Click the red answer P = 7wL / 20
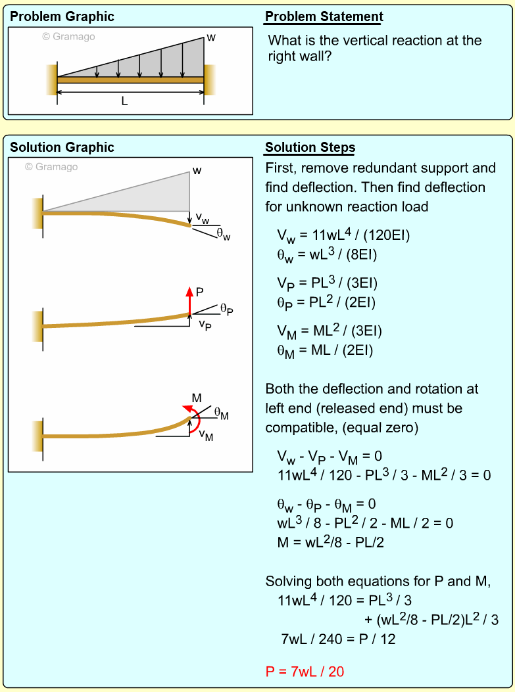(305, 671)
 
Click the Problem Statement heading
(324, 17)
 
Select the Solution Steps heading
(310, 148)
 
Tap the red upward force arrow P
(189, 300)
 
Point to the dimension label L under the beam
(124, 101)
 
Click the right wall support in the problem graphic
(210, 80)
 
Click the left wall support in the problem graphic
(52, 80)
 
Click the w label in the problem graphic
(211, 37)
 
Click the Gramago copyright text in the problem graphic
(68, 37)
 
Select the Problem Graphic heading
(62, 17)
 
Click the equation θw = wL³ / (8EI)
(327, 254)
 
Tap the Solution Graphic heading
(62, 148)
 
